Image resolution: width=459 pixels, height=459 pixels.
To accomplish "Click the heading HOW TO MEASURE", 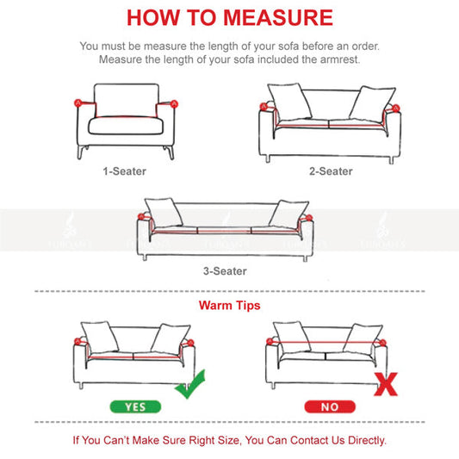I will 230,17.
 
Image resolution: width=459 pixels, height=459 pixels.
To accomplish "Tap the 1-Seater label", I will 125,171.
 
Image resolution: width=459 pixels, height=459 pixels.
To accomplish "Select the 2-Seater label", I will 331,171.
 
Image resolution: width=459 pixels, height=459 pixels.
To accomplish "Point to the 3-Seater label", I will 225,271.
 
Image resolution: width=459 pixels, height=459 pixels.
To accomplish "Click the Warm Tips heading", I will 229,306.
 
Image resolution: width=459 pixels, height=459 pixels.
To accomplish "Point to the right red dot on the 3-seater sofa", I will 304,222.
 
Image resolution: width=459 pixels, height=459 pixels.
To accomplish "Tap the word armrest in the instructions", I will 338,59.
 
